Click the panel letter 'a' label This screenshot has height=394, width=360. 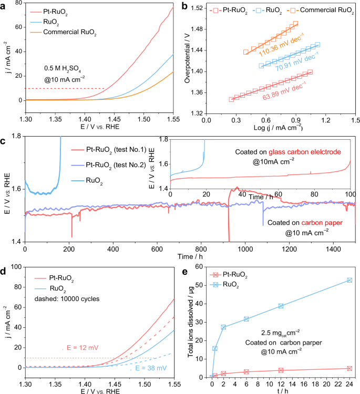(4, 5)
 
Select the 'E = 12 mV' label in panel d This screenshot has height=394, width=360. (79, 347)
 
